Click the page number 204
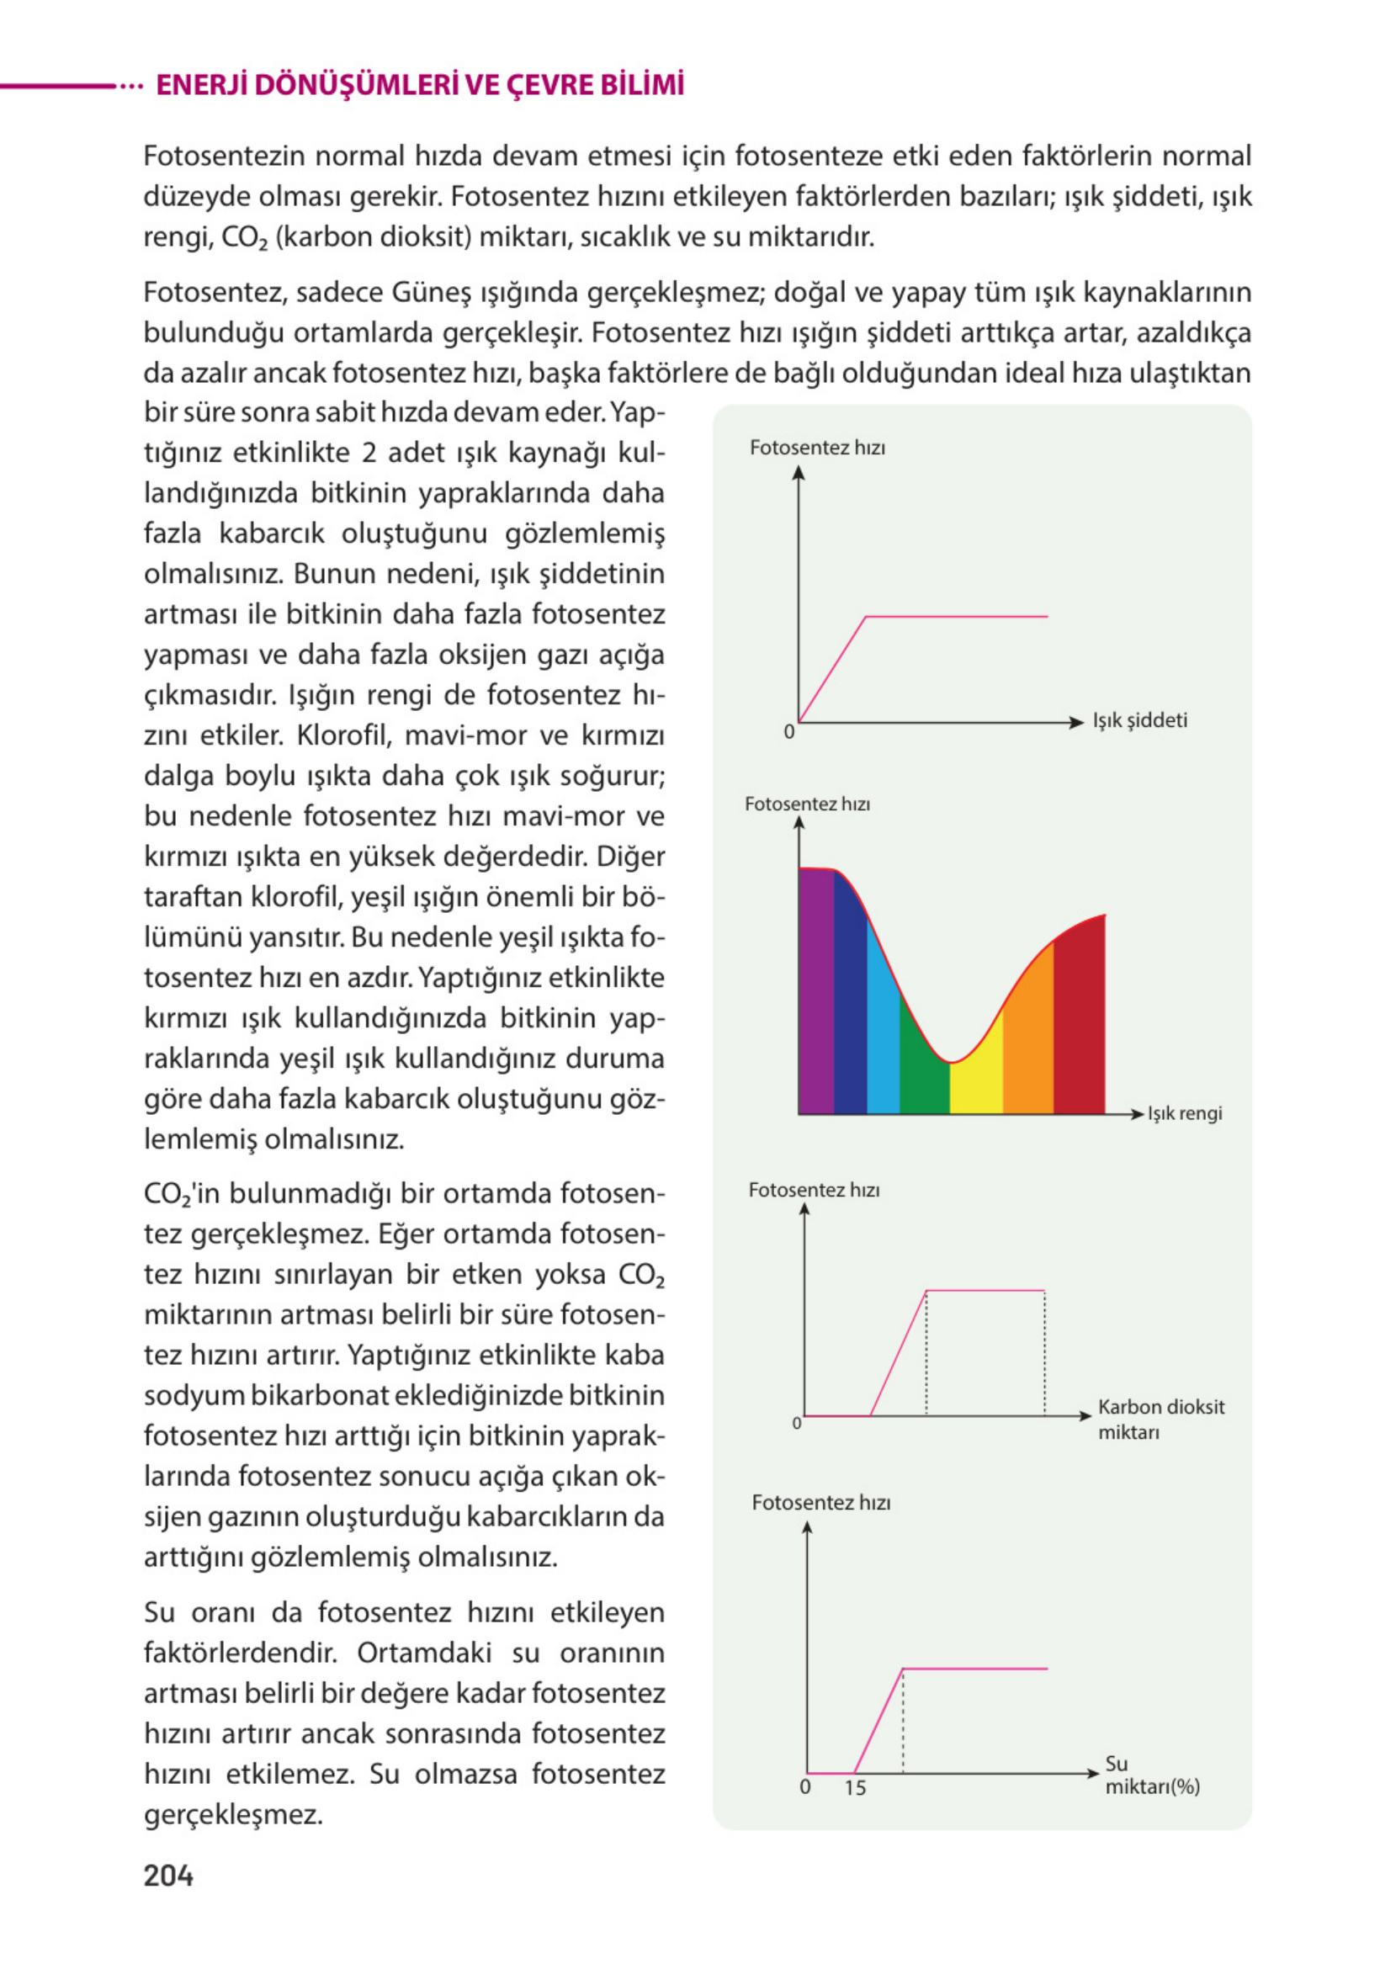pyautogui.click(x=168, y=1876)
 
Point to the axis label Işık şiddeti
pyautogui.click(x=1140, y=720)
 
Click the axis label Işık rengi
pyautogui.click(x=1185, y=1114)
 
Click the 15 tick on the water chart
pyautogui.click(x=854, y=1787)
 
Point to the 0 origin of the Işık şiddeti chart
pyautogui.click(x=788, y=732)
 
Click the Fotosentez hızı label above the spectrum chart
pyautogui.click(x=807, y=804)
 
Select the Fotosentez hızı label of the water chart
pyautogui.click(x=821, y=1502)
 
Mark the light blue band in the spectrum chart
pyautogui.click(x=883, y=1032)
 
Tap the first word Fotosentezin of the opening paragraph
pyautogui.click(x=225, y=157)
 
